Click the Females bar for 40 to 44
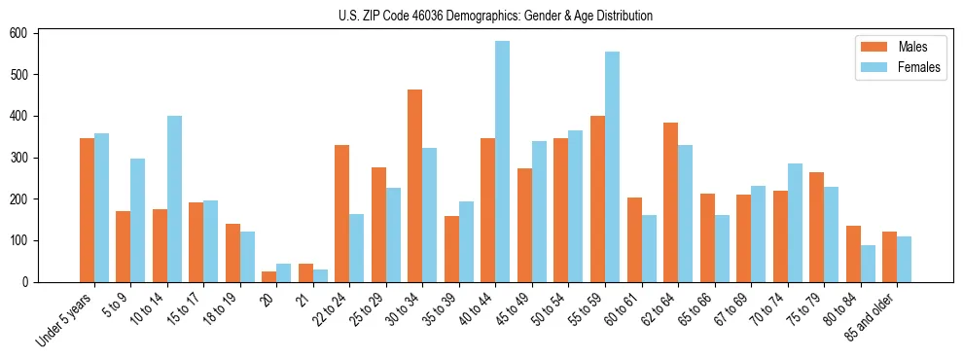click(503, 162)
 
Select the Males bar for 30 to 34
click(415, 186)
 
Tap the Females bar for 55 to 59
click(612, 166)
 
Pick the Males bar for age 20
click(269, 276)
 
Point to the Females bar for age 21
click(320, 275)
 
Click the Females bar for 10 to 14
click(174, 198)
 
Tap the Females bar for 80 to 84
click(868, 264)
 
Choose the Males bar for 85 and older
click(889, 257)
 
